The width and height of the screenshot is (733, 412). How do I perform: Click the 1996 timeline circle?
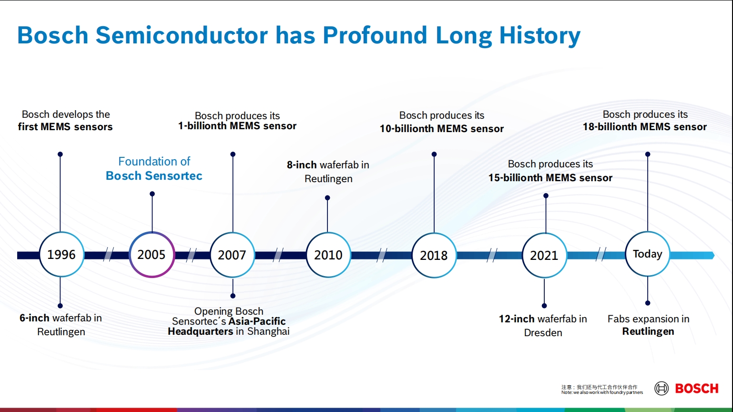click(61, 255)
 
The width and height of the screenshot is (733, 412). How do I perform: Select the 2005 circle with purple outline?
click(152, 255)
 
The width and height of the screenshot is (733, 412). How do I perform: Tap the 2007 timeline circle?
click(232, 255)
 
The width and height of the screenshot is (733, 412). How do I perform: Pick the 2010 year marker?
click(328, 255)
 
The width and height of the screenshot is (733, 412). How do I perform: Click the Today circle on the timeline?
click(647, 254)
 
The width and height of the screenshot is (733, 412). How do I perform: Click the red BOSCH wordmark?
click(696, 389)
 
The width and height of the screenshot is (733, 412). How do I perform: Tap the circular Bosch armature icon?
click(662, 389)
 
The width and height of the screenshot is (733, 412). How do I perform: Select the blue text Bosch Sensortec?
click(154, 176)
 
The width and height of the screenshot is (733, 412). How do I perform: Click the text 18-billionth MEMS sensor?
click(644, 127)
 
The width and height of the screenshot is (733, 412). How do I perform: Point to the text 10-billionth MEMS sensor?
click(441, 129)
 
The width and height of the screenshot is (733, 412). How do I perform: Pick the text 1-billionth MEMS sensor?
click(237, 126)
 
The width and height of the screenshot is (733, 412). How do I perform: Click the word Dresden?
click(543, 333)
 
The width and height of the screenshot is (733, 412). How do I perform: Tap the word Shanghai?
click(268, 331)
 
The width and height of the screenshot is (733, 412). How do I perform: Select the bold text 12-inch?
click(517, 319)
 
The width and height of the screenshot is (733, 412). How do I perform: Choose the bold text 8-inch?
click(302, 165)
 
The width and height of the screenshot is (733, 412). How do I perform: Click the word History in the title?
click(540, 35)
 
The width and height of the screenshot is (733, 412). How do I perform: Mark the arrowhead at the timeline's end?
click(711, 256)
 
